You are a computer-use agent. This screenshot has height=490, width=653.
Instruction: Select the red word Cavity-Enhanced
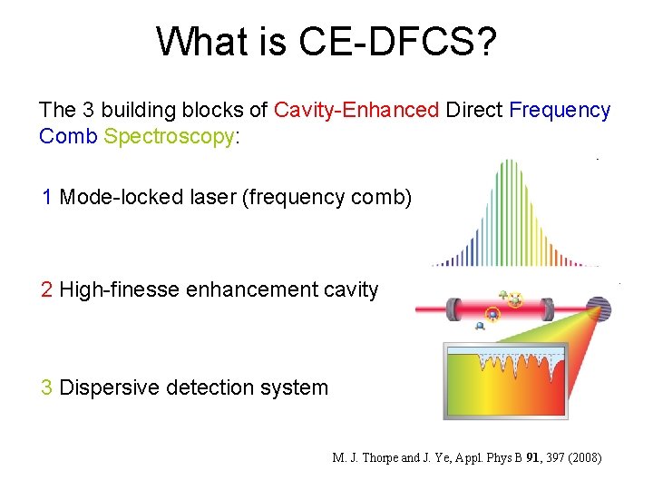(x=356, y=111)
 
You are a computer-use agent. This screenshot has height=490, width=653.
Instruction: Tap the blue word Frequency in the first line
(x=560, y=111)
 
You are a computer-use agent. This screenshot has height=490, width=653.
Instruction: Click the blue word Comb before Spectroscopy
(x=68, y=137)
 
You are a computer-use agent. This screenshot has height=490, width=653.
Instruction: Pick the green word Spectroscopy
(x=170, y=137)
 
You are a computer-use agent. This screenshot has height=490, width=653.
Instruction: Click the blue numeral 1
(x=47, y=197)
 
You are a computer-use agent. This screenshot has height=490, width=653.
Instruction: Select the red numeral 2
(x=47, y=290)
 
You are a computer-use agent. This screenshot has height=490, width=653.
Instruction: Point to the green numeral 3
(x=47, y=387)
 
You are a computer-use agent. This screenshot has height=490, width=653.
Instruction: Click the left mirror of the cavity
(x=453, y=309)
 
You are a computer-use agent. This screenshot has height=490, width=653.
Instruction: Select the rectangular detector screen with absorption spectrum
(x=505, y=381)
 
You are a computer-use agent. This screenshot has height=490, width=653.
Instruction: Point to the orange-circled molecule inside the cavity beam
(x=492, y=315)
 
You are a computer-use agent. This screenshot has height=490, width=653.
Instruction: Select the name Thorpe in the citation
(x=375, y=457)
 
